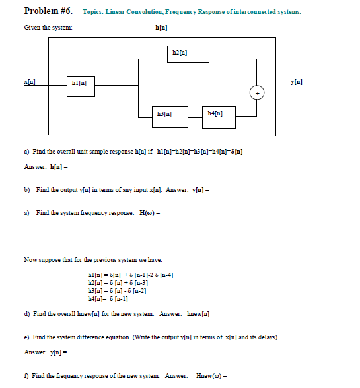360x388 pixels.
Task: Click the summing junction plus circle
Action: click(x=255, y=93)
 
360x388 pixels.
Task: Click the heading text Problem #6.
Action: click(x=47, y=11)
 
